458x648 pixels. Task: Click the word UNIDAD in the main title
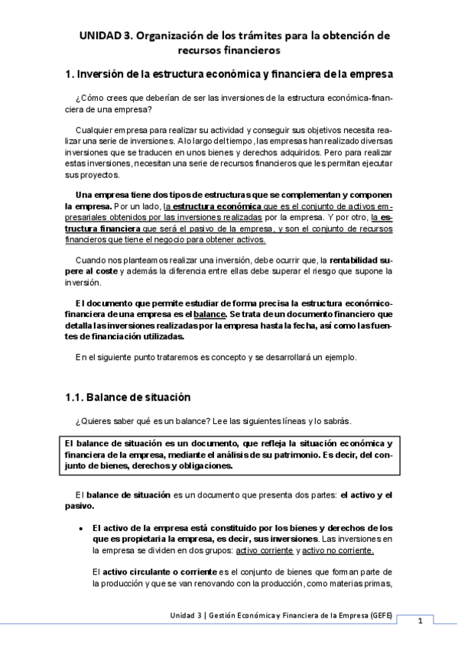tap(102, 36)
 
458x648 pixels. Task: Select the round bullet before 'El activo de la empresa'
tap(81, 528)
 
